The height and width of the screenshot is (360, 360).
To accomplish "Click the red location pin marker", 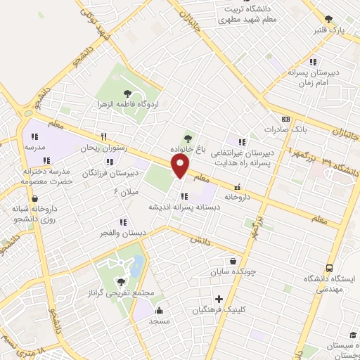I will coord(181,167).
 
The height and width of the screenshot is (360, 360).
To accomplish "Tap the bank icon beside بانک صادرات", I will coord(285,120).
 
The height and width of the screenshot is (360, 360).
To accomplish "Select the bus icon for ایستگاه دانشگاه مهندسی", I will coord(328,267).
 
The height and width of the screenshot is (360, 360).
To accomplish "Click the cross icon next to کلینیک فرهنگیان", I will coord(219,300).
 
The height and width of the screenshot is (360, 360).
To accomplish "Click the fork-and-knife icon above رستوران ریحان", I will coord(103,137).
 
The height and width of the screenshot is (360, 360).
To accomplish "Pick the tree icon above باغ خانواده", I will coord(188,139).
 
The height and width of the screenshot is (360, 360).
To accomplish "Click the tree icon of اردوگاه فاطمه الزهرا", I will coord(127,92).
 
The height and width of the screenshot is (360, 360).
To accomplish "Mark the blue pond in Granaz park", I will coord(138,265).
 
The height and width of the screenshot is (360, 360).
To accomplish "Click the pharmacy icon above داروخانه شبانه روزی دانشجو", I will coord(34,199).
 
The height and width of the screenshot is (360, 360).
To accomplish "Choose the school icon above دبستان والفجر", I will coord(123,222).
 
